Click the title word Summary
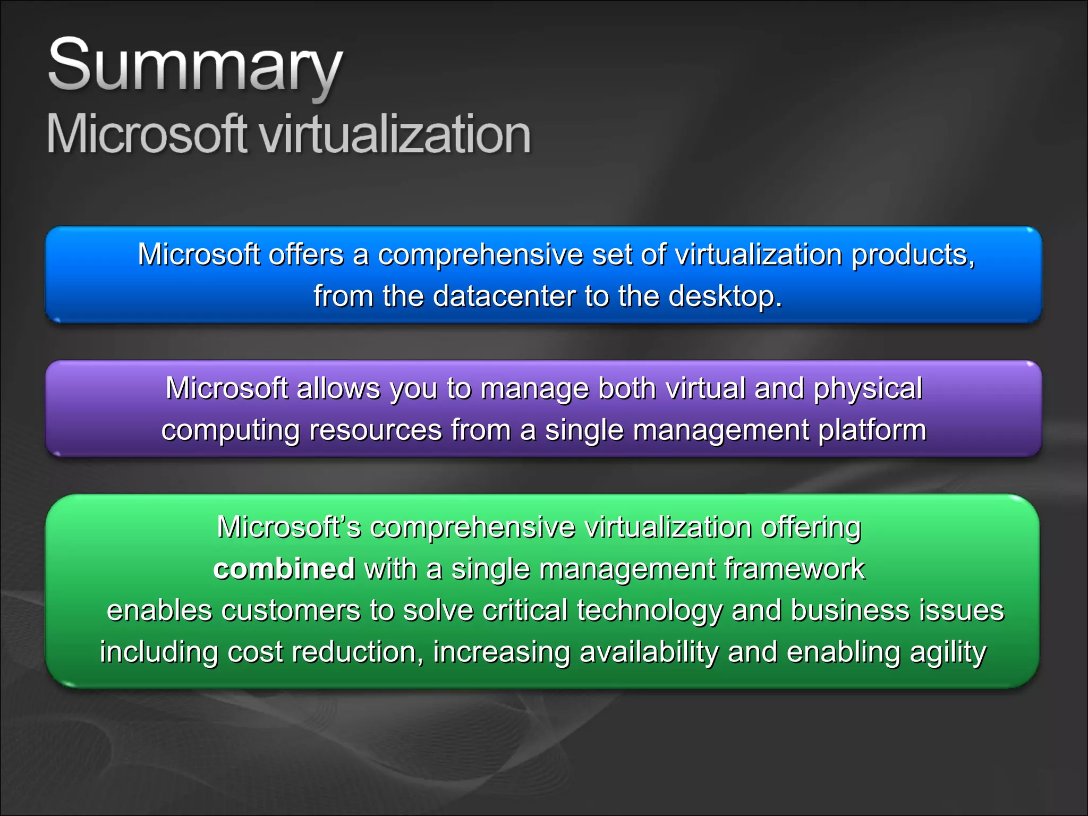click(195, 66)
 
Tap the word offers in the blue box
click(305, 254)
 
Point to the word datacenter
click(504, 296)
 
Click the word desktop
click(725, 296)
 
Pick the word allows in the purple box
click(338, 388)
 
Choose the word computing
click(231, 430)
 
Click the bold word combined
click(284, 568)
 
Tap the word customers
click(291, 610)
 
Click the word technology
click(649, 611)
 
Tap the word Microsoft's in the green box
click(288, 527)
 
